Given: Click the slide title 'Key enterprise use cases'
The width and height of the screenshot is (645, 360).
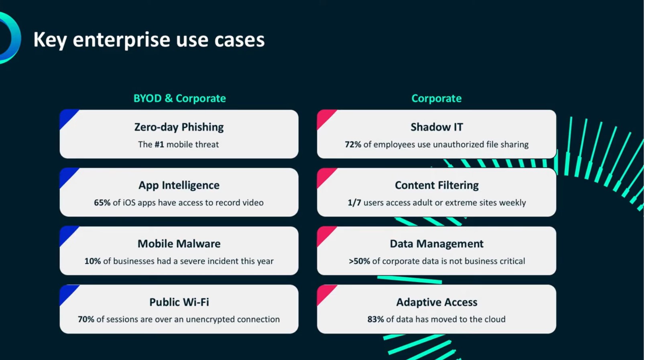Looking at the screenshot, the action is (149, 40).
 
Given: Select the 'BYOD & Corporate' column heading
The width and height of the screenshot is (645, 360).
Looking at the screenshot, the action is (180, 98).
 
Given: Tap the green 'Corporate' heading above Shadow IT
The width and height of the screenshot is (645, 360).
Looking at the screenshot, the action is (437, 98).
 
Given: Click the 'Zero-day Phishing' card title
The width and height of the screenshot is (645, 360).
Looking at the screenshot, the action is (179, 127).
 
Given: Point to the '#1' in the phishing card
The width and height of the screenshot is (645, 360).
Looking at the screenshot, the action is (159, 144).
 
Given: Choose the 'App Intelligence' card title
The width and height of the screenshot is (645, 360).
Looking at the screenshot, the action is (179, 185).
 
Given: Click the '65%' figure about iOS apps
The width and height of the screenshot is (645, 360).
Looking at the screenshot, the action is (102, 202).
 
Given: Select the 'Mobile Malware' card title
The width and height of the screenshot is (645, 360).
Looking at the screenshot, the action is (179, 244).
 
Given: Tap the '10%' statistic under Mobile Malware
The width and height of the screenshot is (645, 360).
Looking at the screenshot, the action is (92, 261).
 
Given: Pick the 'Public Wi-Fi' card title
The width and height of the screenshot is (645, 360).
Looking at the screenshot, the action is (179, 302).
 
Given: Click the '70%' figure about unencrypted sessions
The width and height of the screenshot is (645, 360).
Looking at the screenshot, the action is (86, 319).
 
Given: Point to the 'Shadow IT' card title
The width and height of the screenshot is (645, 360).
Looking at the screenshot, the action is (437, 127).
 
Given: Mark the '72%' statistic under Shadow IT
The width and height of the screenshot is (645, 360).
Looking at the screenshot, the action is (353, 144).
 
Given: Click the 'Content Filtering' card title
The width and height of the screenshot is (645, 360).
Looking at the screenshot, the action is (437, 185).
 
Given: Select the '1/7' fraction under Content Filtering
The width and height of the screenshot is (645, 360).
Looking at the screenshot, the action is (354, 202).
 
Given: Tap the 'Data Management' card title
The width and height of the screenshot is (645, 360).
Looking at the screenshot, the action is (437, 244).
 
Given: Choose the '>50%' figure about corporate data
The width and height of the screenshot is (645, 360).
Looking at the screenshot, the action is (359, 261).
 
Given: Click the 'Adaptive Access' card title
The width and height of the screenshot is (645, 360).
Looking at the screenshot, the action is (437, 302).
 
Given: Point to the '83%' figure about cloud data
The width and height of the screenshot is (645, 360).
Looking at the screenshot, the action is (376, 319).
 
